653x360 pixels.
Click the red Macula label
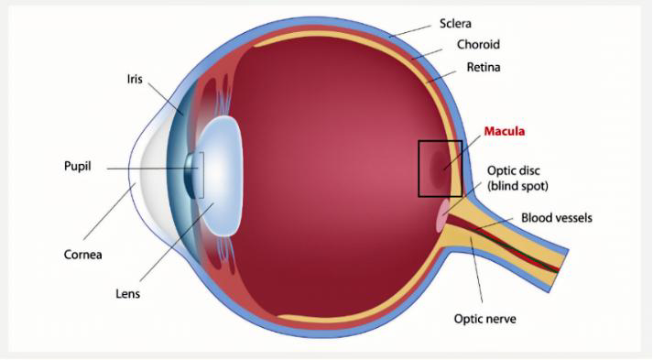[x=505, y=132]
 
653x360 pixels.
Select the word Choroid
[x=477, y=44]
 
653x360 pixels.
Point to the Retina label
[x=483, y=68]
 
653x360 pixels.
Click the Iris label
[x=135, y=79]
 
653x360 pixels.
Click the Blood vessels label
[x=556, y=218]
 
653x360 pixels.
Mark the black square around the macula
[x=419, y=169]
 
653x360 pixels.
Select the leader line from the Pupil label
[x=147, y=169]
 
